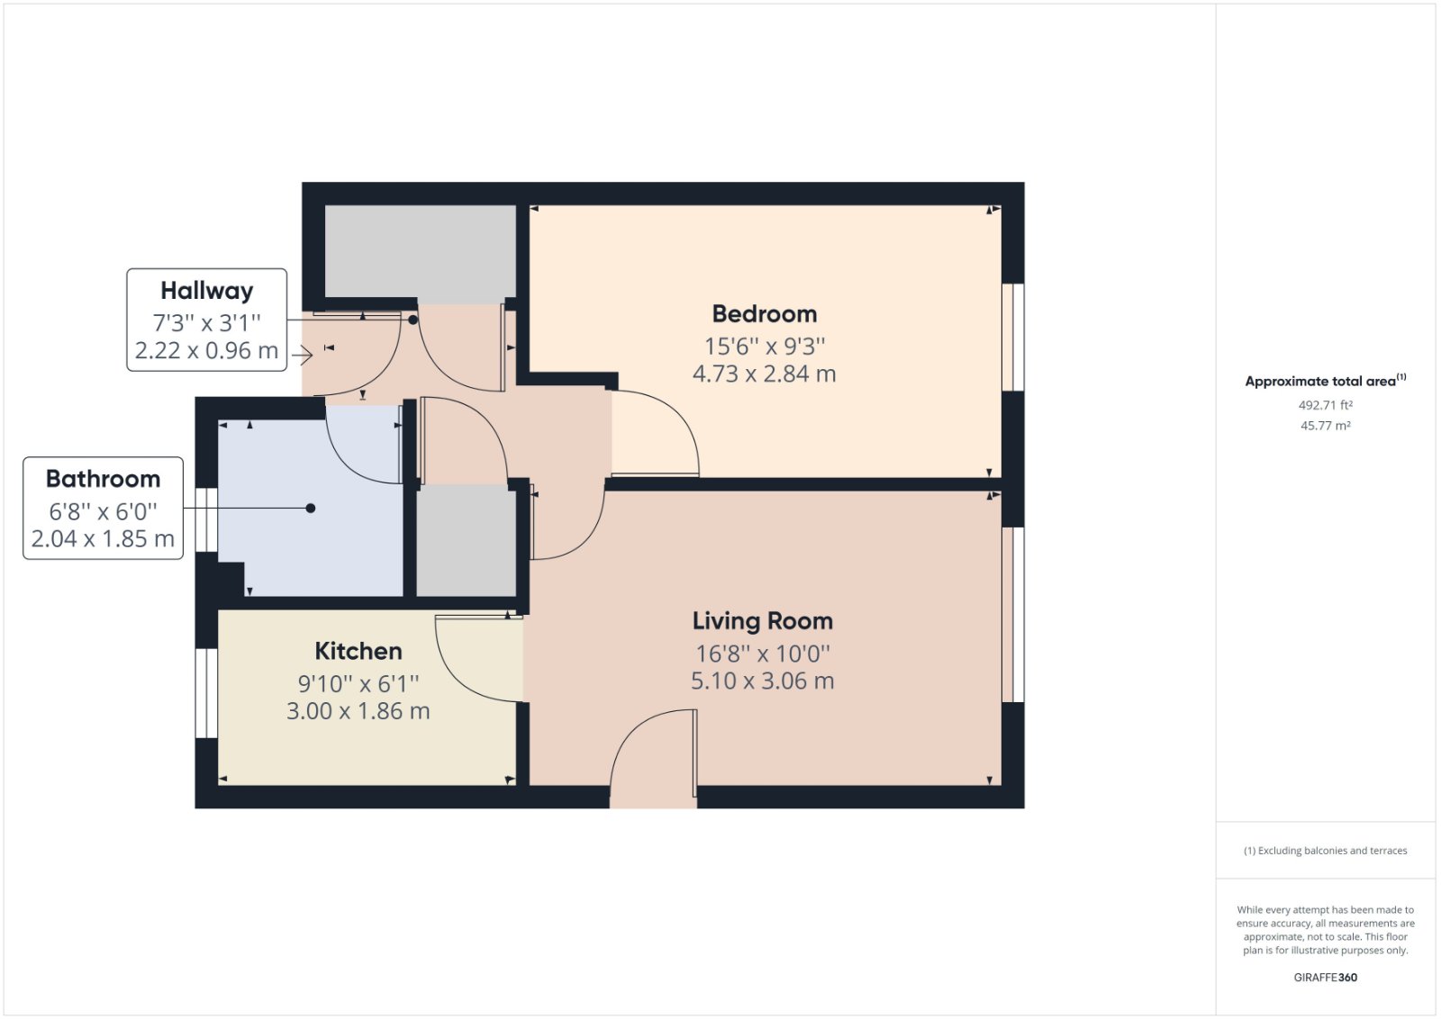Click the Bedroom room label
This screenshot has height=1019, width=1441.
click(764, 314)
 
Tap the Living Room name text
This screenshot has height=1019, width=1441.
click(762, 621)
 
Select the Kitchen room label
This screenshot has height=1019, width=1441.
click(358, 651)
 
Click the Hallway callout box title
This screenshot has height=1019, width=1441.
click(206, 291)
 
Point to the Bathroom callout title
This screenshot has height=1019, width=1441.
click(103, 479)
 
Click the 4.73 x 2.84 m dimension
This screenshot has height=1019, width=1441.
click(764, 374)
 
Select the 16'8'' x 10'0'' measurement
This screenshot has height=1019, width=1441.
click(762, 654)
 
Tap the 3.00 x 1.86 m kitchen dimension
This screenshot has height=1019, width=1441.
click(358, 711)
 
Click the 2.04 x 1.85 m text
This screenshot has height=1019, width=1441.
click(103, 539)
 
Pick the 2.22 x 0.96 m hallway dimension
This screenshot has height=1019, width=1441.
click(206, 351)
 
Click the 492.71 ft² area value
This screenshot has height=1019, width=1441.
click(1325, 405)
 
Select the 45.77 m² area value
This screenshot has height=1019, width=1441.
click(1325, 426)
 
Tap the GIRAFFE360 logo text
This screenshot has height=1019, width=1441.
click(1325, 977)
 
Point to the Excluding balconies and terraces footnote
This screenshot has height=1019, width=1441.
click(1325, 851)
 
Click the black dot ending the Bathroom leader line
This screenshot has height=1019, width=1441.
click(311, 509)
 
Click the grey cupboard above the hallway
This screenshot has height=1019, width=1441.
click(420, 251)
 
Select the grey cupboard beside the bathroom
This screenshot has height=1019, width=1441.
click(466, 540)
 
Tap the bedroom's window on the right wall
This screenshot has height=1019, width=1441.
click(1012, 338)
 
